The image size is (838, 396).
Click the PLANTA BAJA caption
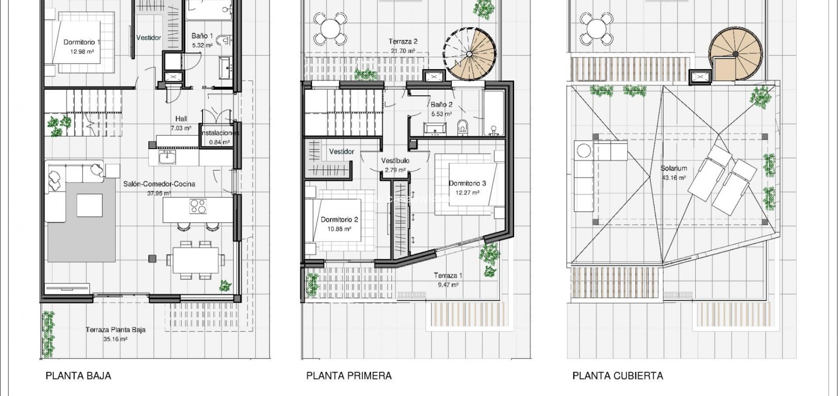coord(78,376)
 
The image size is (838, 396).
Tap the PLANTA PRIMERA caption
coord(349,376)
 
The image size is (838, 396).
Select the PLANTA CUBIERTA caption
coord(618,376)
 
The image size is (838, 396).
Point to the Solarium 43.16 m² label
coord(673,173)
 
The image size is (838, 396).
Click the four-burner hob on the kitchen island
coord(198,207)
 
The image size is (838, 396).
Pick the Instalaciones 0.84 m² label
coord(219,137)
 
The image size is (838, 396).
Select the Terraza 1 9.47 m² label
coord(448,280)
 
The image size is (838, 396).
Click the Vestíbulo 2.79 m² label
coord(395,165)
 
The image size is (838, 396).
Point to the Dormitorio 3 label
coord(467,187)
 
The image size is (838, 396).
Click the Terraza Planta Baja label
coord(116,334)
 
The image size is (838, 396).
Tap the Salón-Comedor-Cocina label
coord(159,188)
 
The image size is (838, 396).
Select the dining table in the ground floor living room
coord(195,260)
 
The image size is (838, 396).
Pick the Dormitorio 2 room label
coord(339,224)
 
